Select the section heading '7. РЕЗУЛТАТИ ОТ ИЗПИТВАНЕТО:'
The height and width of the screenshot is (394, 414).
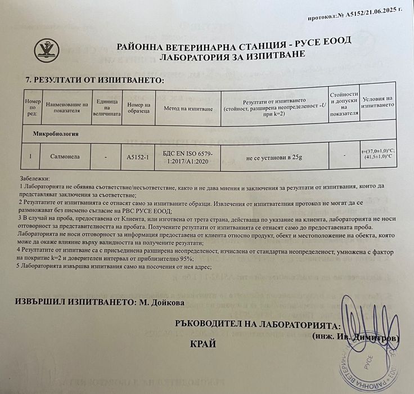pyautogui.click(x=91, y=80)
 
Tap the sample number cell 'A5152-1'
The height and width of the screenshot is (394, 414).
pyautogui.click(x=138, y=157)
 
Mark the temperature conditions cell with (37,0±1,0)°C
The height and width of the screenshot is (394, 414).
pyautogui.click(x=377, y=154)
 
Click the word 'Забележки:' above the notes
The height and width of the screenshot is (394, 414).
pyautogui.click(x=34, y=177)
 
